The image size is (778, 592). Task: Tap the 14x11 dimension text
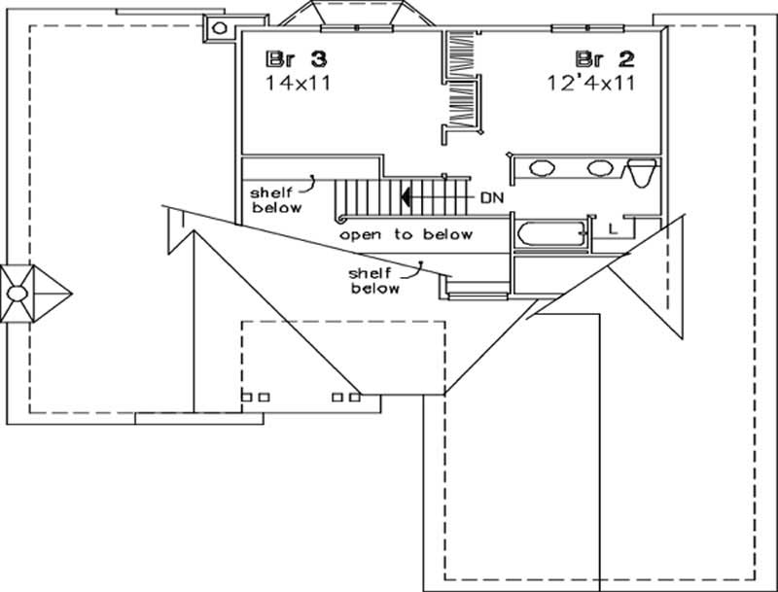click(x=297, y=83)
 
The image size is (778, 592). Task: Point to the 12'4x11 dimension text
click(x=590, y=83)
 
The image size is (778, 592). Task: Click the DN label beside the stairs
click(x=492, y=197)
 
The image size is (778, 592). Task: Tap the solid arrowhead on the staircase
click(x=402, y=197)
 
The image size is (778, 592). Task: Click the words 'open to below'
click(x=406, y=234)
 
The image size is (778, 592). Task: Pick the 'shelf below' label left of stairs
click(x=277, y=199)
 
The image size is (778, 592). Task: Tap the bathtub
click(x=551, y=233)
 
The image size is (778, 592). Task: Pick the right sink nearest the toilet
click(x=600, y=168)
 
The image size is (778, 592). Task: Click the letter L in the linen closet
click(x=612, y=228)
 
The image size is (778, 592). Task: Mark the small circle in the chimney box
click(x=219, y=28)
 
